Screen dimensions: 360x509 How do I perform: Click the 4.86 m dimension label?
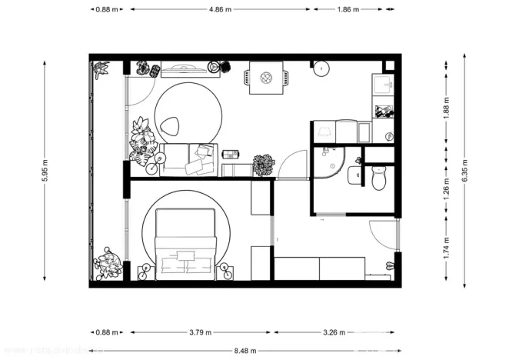point(221,10)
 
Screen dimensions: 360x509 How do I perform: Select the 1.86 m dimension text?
point(348,10)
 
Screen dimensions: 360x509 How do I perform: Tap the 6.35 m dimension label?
point(464,170)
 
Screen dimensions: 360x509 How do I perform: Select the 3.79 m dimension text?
point(199,333)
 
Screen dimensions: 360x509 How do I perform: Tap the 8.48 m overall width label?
point(245,346)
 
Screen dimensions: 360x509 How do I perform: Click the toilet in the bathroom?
point(378,180)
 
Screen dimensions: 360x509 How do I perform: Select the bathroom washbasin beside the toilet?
point(354,175)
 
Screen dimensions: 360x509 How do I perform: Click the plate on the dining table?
point(266,77)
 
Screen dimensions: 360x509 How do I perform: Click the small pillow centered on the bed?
point(185,254)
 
